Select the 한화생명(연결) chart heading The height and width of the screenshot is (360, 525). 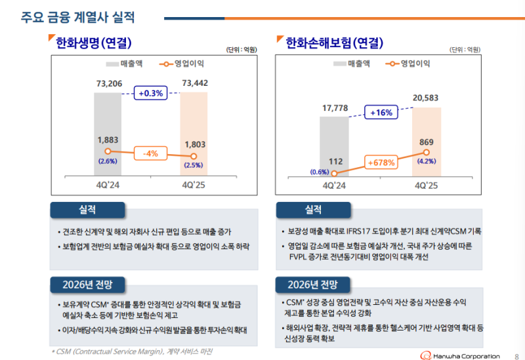tap(94, 43)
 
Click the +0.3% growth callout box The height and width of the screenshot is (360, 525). tap(151, 94)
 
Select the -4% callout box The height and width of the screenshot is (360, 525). tap(151, 153)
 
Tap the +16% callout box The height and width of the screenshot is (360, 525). tap(381, 113)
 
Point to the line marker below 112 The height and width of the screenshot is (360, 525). tap(335, 173)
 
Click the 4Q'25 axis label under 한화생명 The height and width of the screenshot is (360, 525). tap(194, 185)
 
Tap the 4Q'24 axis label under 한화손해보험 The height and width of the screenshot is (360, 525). tap(334, 185)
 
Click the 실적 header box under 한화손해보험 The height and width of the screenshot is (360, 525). tap(313, 210)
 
